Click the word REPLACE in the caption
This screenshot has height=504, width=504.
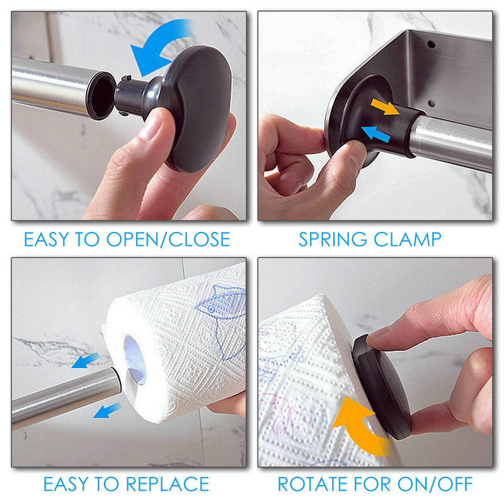pos(168,484)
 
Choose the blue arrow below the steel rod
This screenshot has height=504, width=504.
pos(106,411)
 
